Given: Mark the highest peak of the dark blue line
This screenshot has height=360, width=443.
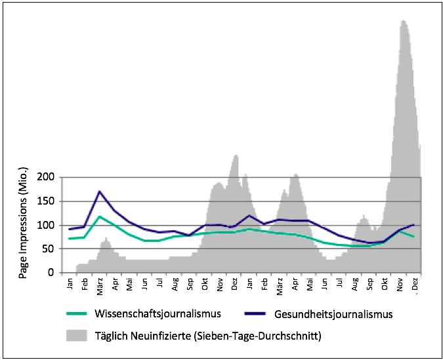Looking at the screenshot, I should click(99, 191).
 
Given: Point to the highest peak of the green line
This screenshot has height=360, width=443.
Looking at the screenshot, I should click(99, 216).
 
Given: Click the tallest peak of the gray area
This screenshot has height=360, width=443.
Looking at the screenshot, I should click(403, 20).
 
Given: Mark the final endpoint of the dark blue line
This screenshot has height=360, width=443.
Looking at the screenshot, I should click(414, 224).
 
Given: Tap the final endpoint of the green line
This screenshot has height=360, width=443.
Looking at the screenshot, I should click(414, 237).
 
